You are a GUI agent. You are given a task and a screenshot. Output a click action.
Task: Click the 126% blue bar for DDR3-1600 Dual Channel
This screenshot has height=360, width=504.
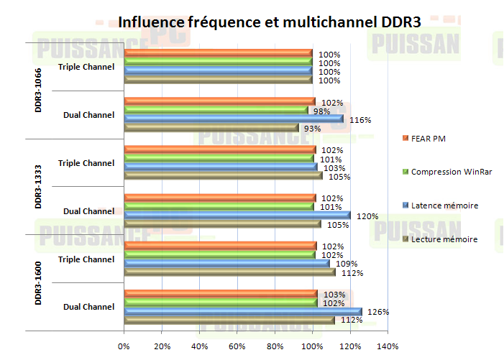pyautogui.click(x=243, y=311)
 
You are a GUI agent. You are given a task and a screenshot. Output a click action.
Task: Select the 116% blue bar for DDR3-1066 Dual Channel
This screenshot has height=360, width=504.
pyautogui.click(x=234, y=119)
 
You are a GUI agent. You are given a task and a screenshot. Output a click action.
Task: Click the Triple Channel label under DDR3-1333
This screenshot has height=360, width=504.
pyautogui.click(x=86, y=163)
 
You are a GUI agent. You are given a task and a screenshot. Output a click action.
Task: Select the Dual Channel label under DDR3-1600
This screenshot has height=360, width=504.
pyautogui.click(x=88, y=307)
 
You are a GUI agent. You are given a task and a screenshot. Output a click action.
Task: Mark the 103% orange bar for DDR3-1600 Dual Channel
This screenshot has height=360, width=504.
pyautogui.click(x=221, y=293)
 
